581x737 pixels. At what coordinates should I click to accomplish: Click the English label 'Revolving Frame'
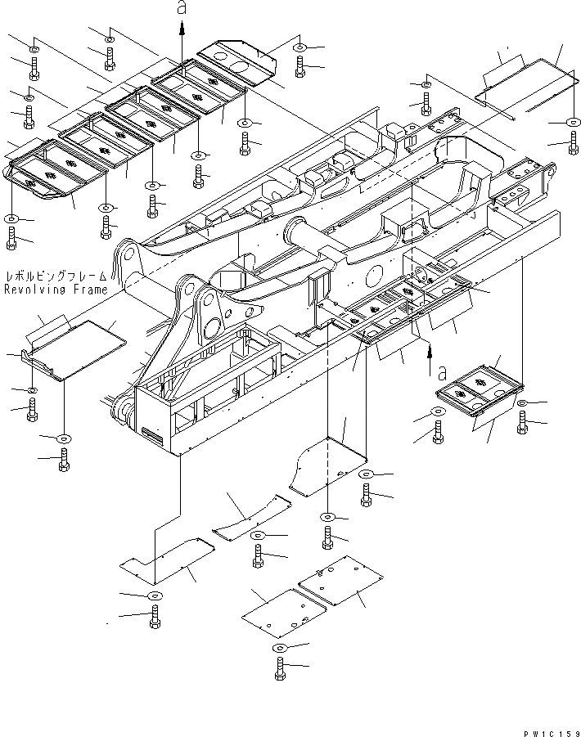[x=55, y=290]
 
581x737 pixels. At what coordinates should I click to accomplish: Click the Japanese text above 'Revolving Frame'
[x=55, y=277]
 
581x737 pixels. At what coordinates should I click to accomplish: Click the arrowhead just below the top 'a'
[x=182, y=27]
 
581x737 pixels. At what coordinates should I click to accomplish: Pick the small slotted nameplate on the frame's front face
[x=151, y=434]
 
